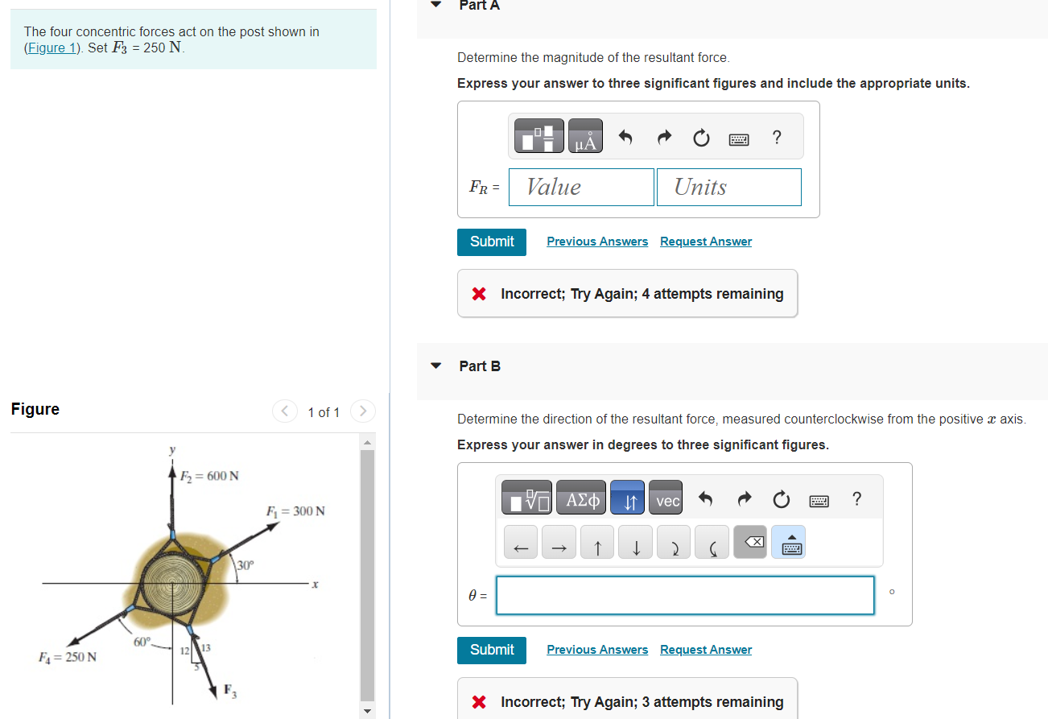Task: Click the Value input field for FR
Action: (581, 187)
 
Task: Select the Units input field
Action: (728, 187)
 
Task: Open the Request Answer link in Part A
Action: (705, 242)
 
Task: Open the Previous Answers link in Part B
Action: (596, 650)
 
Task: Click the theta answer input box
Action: (684, 596)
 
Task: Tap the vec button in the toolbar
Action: (668, 501)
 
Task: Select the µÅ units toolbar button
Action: (585, 138)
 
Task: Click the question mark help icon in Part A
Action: (776, 138)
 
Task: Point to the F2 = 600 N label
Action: (208, 475)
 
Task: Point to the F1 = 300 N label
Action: (295, 511)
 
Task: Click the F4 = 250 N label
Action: (68, 656)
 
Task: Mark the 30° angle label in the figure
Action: (245, 565)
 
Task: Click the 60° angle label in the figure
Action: (142, 642)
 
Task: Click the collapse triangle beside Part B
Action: (436, 366)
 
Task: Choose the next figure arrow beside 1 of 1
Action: (363, 411)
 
